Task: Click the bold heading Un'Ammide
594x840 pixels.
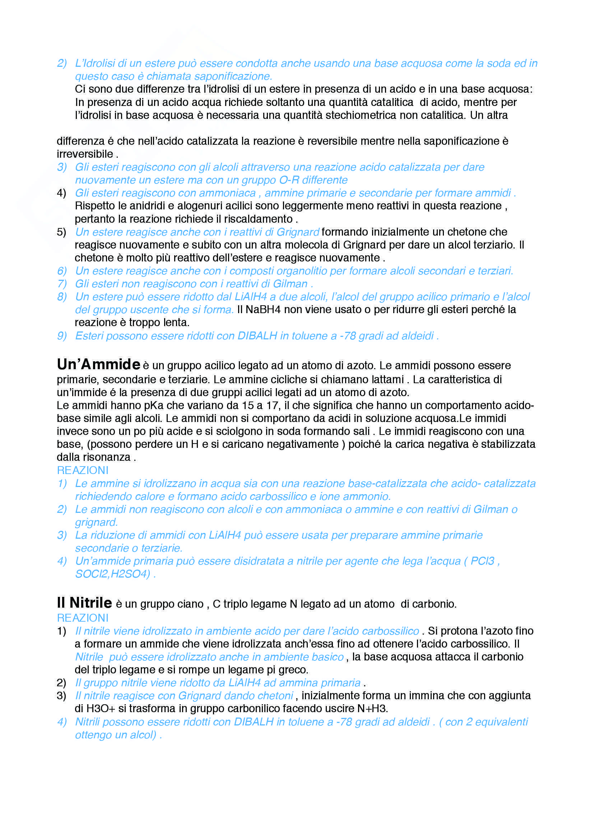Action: tap(98, 365)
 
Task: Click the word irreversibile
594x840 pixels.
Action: tap(85, 154)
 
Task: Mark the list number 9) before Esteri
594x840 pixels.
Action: tap(62, 336)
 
